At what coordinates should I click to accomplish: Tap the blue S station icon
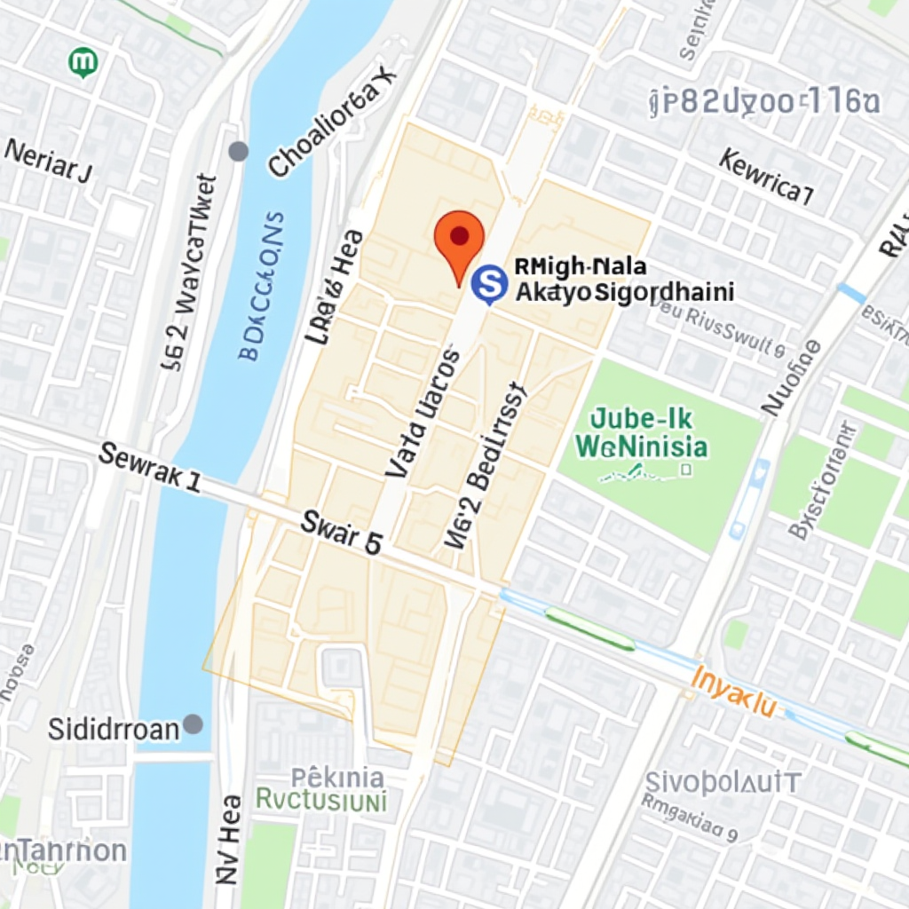click(x=488, y=284)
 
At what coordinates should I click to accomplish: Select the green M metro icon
click(x=83, y=62)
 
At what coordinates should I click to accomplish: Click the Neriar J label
click(x=48, y=161)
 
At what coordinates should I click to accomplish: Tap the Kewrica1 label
click(x=766, y=177)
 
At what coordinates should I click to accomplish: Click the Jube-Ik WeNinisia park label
click(x=641, y=432)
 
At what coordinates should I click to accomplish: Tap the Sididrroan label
click(x=114, y=730)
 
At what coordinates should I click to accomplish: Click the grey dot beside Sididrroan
click(x=193, y=724)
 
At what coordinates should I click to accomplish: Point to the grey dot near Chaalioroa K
click(x=238, y=151)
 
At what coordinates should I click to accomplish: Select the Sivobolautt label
click(x=723, y=783)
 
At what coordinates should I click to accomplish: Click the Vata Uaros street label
click(x=423, y=414)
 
